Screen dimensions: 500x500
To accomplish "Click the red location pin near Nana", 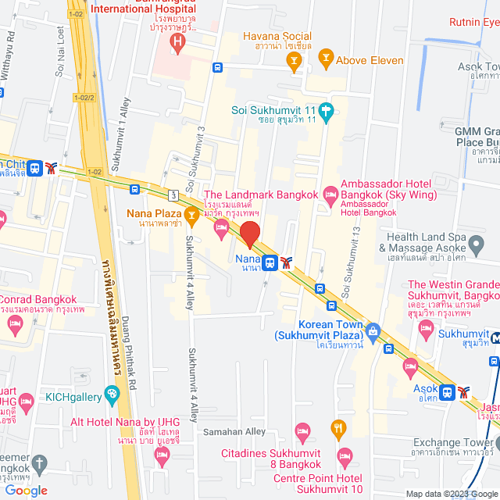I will [x=249, y=234].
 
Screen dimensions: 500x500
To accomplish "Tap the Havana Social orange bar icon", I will [x=294, y=65].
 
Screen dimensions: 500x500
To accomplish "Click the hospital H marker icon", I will [x=178, y=41].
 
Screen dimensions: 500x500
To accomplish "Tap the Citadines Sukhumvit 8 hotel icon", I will [x=302, y=430].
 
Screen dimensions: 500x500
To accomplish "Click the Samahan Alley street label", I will [x=234, y=432].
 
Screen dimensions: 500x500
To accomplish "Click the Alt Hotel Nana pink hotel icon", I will [x=162, y=454].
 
